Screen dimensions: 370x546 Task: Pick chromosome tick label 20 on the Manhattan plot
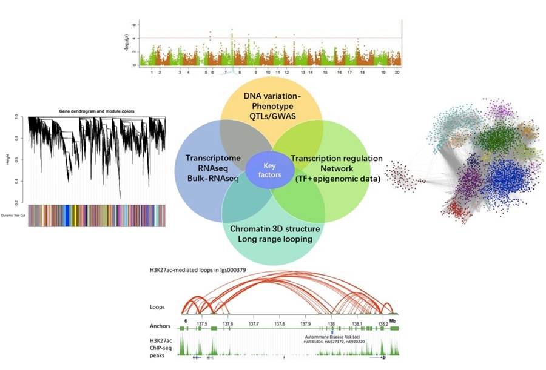pyautogui.click(x=397, y=72)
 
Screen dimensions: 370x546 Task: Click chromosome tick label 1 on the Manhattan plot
pyautogui.click(x=152, y=72)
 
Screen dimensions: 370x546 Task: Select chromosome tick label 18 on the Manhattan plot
pyautogui.click(x=362, y=72)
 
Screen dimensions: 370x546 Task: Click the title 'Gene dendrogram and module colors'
pyautogui.click(x=96, y=111)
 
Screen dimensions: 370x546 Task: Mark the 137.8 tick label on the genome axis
pyautogui.click(x=280, y=325)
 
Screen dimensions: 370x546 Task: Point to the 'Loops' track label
pyautogui.click(x=158, y=307)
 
